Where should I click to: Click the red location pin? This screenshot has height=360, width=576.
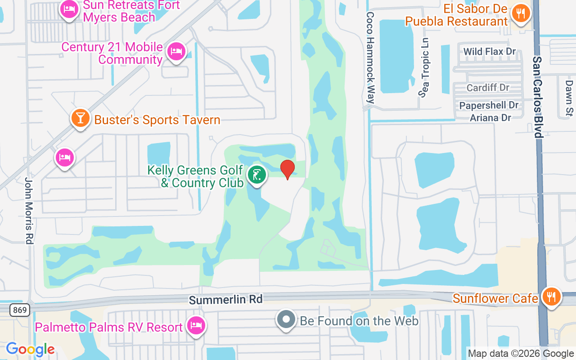(288, 169)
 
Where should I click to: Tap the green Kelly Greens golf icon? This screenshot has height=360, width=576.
(256, 175)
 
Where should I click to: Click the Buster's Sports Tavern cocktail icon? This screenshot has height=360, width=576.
(81, 118)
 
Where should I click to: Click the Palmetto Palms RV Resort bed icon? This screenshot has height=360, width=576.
(196, 326)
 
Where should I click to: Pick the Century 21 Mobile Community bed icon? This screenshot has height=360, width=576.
(175, 51)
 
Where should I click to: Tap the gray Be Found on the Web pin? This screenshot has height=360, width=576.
(286, 320)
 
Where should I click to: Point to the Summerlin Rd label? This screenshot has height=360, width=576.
(225, 299)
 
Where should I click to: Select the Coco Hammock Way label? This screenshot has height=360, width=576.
(370, 58)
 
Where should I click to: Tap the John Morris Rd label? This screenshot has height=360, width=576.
(29, 210)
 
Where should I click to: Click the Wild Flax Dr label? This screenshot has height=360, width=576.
(490, 52)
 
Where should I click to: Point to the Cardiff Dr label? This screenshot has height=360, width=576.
(488, 87)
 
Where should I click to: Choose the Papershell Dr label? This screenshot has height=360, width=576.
(489, 105)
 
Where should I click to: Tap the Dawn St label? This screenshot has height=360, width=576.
(569, 97)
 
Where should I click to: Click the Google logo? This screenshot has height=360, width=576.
(30, 349)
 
